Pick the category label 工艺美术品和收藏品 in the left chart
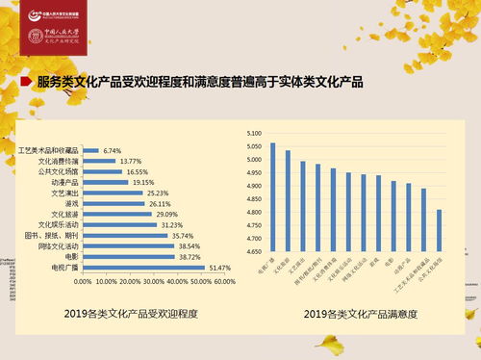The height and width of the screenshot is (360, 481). pyautogui.click(x=50, y=151)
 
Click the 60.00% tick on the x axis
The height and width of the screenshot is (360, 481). pyautogui.click(x=223, y=282)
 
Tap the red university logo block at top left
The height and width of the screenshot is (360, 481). pyautogui.click(x=56, y=29)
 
